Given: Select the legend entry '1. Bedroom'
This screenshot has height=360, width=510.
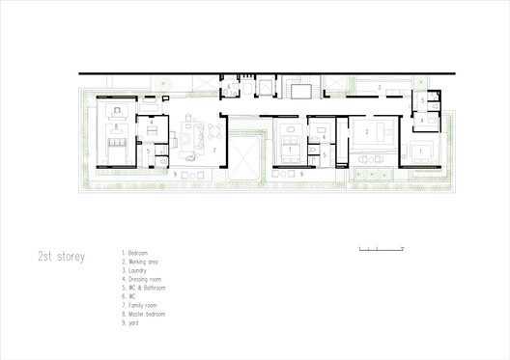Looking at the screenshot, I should point(139,252).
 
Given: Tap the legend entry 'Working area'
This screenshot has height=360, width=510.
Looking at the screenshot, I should point(143,260).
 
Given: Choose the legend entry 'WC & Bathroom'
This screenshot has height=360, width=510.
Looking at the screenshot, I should point(146,287).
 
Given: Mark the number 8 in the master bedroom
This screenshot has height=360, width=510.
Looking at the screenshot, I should point(116,126).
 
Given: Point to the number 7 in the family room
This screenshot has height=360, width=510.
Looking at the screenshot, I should point(213,152).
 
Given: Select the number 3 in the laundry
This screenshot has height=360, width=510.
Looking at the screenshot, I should point(379,88).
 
